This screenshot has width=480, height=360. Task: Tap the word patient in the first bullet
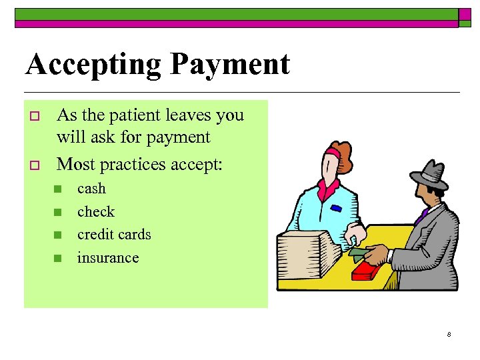[135, 115]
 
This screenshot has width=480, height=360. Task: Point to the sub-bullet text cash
[91, 189]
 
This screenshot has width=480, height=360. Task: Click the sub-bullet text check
[96, 212]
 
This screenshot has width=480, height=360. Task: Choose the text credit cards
[114, 235]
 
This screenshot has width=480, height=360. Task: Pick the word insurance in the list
[108, 257]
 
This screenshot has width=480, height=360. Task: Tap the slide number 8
[449, 334]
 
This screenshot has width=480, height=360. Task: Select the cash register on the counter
[306, 256]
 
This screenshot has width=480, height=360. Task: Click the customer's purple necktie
[421, 217]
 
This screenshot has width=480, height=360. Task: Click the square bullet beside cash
[58, 189]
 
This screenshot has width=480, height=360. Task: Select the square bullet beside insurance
[58, 258]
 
